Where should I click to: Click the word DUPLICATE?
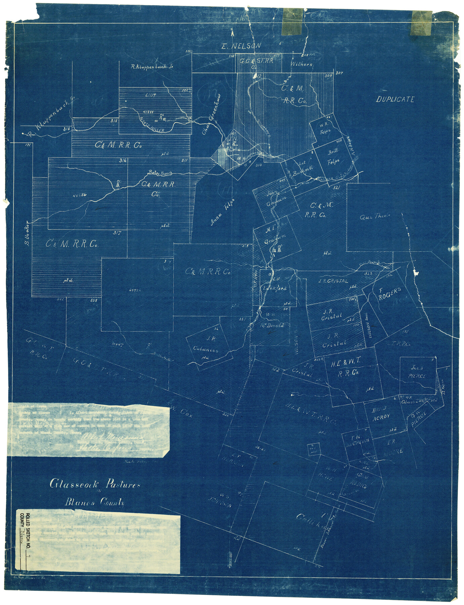click(x=395, y=99)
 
